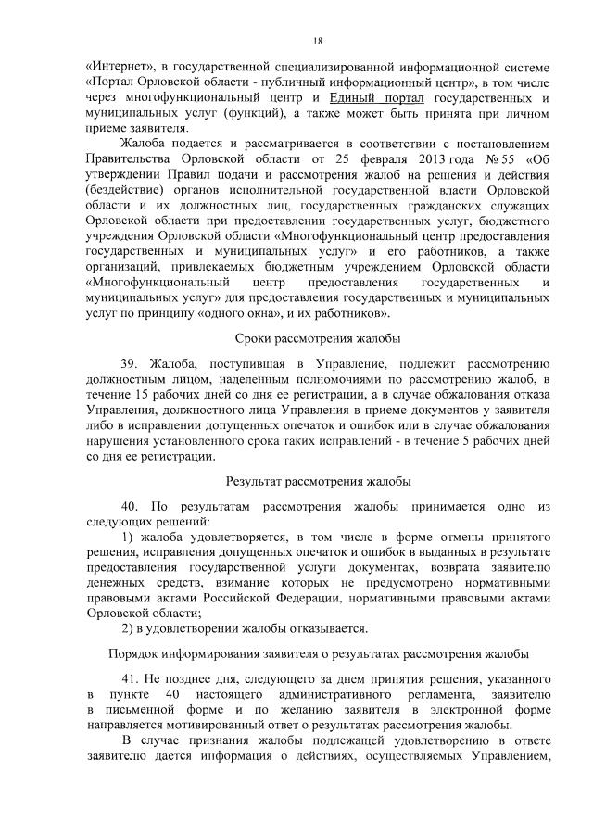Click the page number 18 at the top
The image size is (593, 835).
point(317,41)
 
